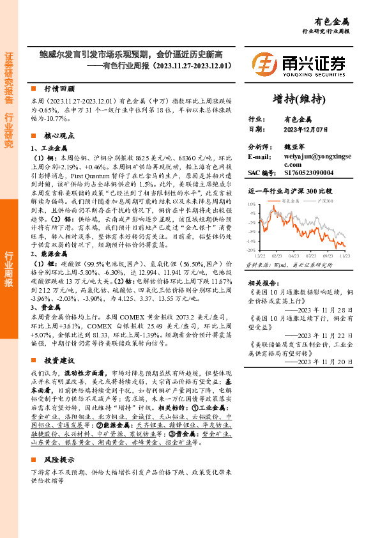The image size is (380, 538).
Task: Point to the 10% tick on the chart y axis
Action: tap(252, 203)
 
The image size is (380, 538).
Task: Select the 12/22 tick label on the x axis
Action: tap(262, 255)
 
